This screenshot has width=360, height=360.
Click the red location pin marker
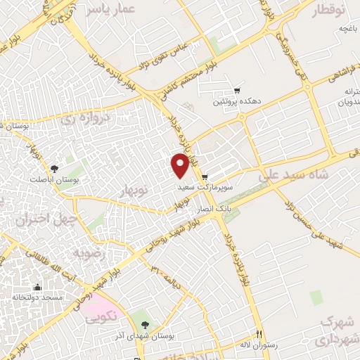click(x=180, y=165)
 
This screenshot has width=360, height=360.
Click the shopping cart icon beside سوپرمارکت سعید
click(x=205, y=177)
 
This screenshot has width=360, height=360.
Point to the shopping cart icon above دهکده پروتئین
click(x=237, y=91)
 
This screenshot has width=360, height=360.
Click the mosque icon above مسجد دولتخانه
click(x=37, y=287)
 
